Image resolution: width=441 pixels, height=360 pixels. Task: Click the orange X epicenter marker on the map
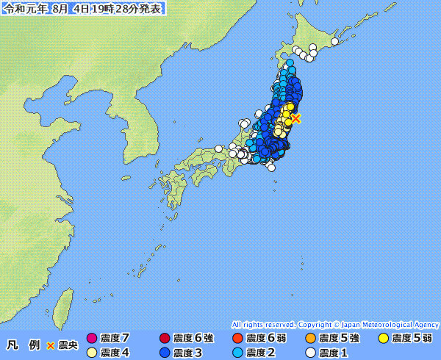295,118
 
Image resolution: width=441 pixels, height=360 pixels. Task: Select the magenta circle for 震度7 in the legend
92,339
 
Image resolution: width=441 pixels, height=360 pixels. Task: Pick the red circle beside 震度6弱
237,339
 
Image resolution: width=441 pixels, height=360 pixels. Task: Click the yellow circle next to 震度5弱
384,339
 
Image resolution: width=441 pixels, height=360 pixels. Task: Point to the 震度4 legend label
115,353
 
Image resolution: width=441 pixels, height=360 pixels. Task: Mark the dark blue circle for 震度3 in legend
165,353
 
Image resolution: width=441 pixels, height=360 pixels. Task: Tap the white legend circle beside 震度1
310,353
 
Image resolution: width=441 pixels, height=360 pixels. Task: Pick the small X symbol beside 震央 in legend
51,345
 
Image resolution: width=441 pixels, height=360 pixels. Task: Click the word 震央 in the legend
68,345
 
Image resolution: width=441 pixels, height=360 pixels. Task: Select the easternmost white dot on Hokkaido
334,42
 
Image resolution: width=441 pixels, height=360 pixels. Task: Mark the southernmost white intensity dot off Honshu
272,168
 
